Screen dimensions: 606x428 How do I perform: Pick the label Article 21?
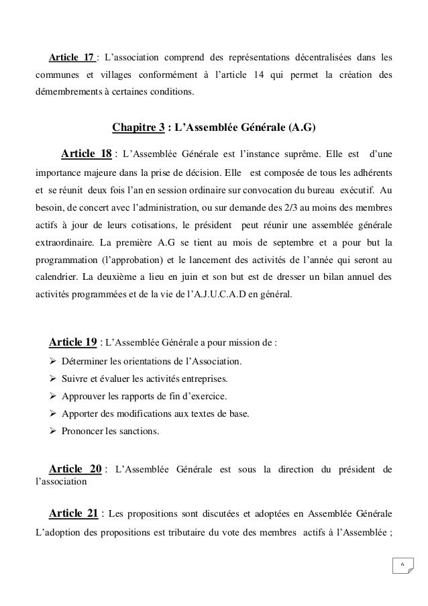[74, 515]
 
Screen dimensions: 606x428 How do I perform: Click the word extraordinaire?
[67, 260]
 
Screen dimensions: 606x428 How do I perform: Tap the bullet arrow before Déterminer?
[53, 362]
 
